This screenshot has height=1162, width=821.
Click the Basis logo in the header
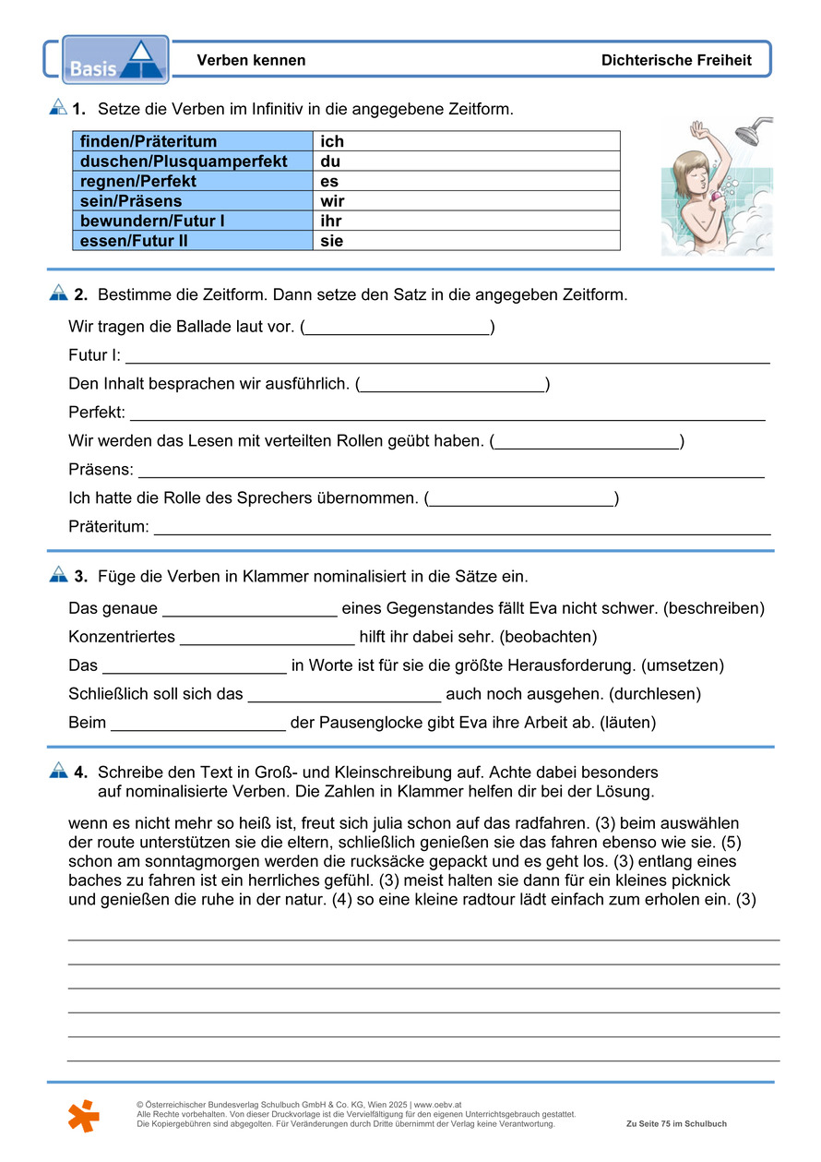(x=115, y=60)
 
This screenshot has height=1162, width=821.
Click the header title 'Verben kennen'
(x=251, y=61)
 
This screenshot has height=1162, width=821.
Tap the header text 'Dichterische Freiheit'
(x=676, y=61)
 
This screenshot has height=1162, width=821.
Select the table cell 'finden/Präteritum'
(x=149, y=141)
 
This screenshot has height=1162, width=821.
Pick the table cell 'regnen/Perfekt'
(x=138, y=182)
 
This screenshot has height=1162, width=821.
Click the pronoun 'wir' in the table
(x=333, y=201)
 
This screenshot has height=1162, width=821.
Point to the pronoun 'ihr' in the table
(x=330, y=222)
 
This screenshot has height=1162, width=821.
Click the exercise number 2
(x=80, y=295)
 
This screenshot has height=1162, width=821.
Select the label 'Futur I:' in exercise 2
(x=94, y=355)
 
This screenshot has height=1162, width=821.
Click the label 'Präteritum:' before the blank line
(x=109, y=527)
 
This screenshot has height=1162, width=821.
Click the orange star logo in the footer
(x=83, y=1115)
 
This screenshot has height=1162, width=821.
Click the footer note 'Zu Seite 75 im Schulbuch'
(x=676, y=1124)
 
